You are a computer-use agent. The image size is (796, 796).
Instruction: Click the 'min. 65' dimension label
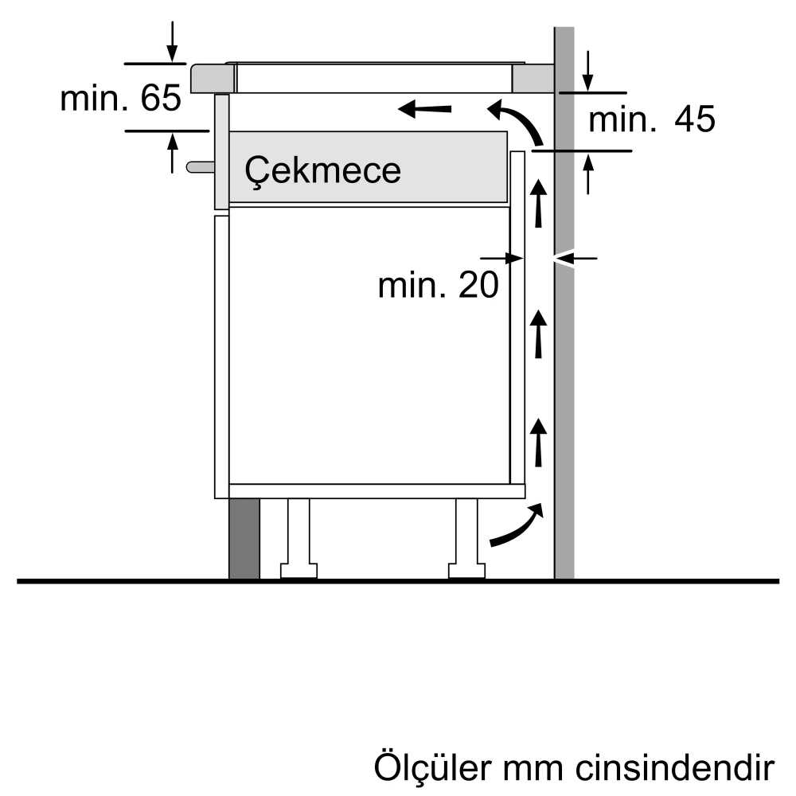(x=120, y=98)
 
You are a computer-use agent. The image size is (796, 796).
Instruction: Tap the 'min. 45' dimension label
(x=652, y=119)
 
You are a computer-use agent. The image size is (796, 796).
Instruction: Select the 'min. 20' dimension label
(x=439, y=285)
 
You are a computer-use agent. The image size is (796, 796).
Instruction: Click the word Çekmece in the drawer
(x=323, y=170)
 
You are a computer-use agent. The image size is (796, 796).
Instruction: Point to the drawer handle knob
(x=201, y=166)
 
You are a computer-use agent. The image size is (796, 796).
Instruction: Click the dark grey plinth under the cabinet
(x=244, y=539)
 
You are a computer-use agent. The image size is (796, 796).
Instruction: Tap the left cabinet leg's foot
(x=299, y=570)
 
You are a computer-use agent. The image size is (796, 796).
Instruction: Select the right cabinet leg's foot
(x=466, y=570)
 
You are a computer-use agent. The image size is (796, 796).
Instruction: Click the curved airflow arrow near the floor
(x=517, y=526)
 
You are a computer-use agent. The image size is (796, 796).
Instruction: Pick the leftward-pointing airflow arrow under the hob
(x=424, y=108)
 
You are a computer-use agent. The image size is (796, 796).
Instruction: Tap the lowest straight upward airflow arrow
(x=538, y=442)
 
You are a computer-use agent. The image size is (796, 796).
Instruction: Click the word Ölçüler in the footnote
(x=433, y=767)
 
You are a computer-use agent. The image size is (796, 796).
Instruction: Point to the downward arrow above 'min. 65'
(x=173, y=41)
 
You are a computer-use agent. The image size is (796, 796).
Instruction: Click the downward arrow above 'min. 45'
(x=587, y=71)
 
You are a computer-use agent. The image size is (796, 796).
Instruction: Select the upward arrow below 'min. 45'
(x=588, y=174)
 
